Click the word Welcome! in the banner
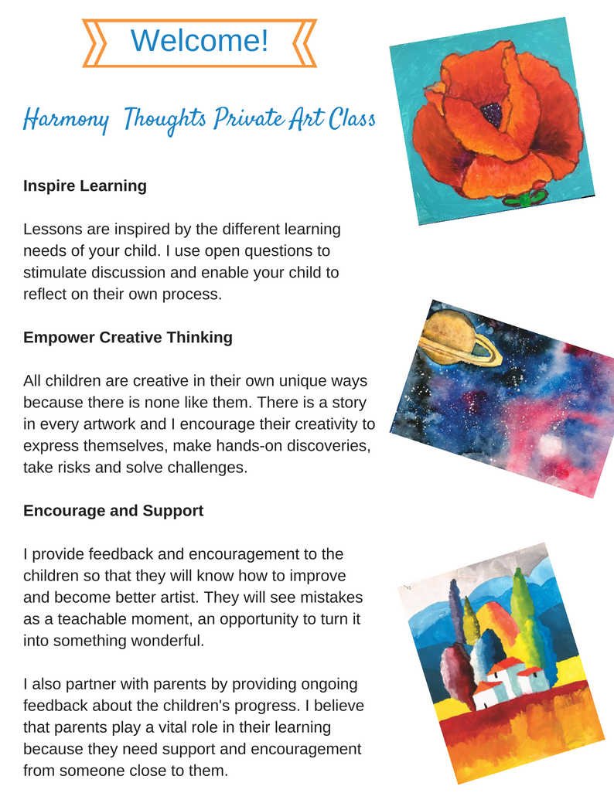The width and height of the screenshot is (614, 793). click(199, 41)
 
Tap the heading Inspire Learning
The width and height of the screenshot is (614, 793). click(84, 186)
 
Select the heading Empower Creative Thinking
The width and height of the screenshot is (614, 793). click(128, 338)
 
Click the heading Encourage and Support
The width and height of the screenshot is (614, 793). click(113, 511)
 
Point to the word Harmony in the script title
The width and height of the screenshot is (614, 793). click(65, 120)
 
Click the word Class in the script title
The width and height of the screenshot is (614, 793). click(352, 119)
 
